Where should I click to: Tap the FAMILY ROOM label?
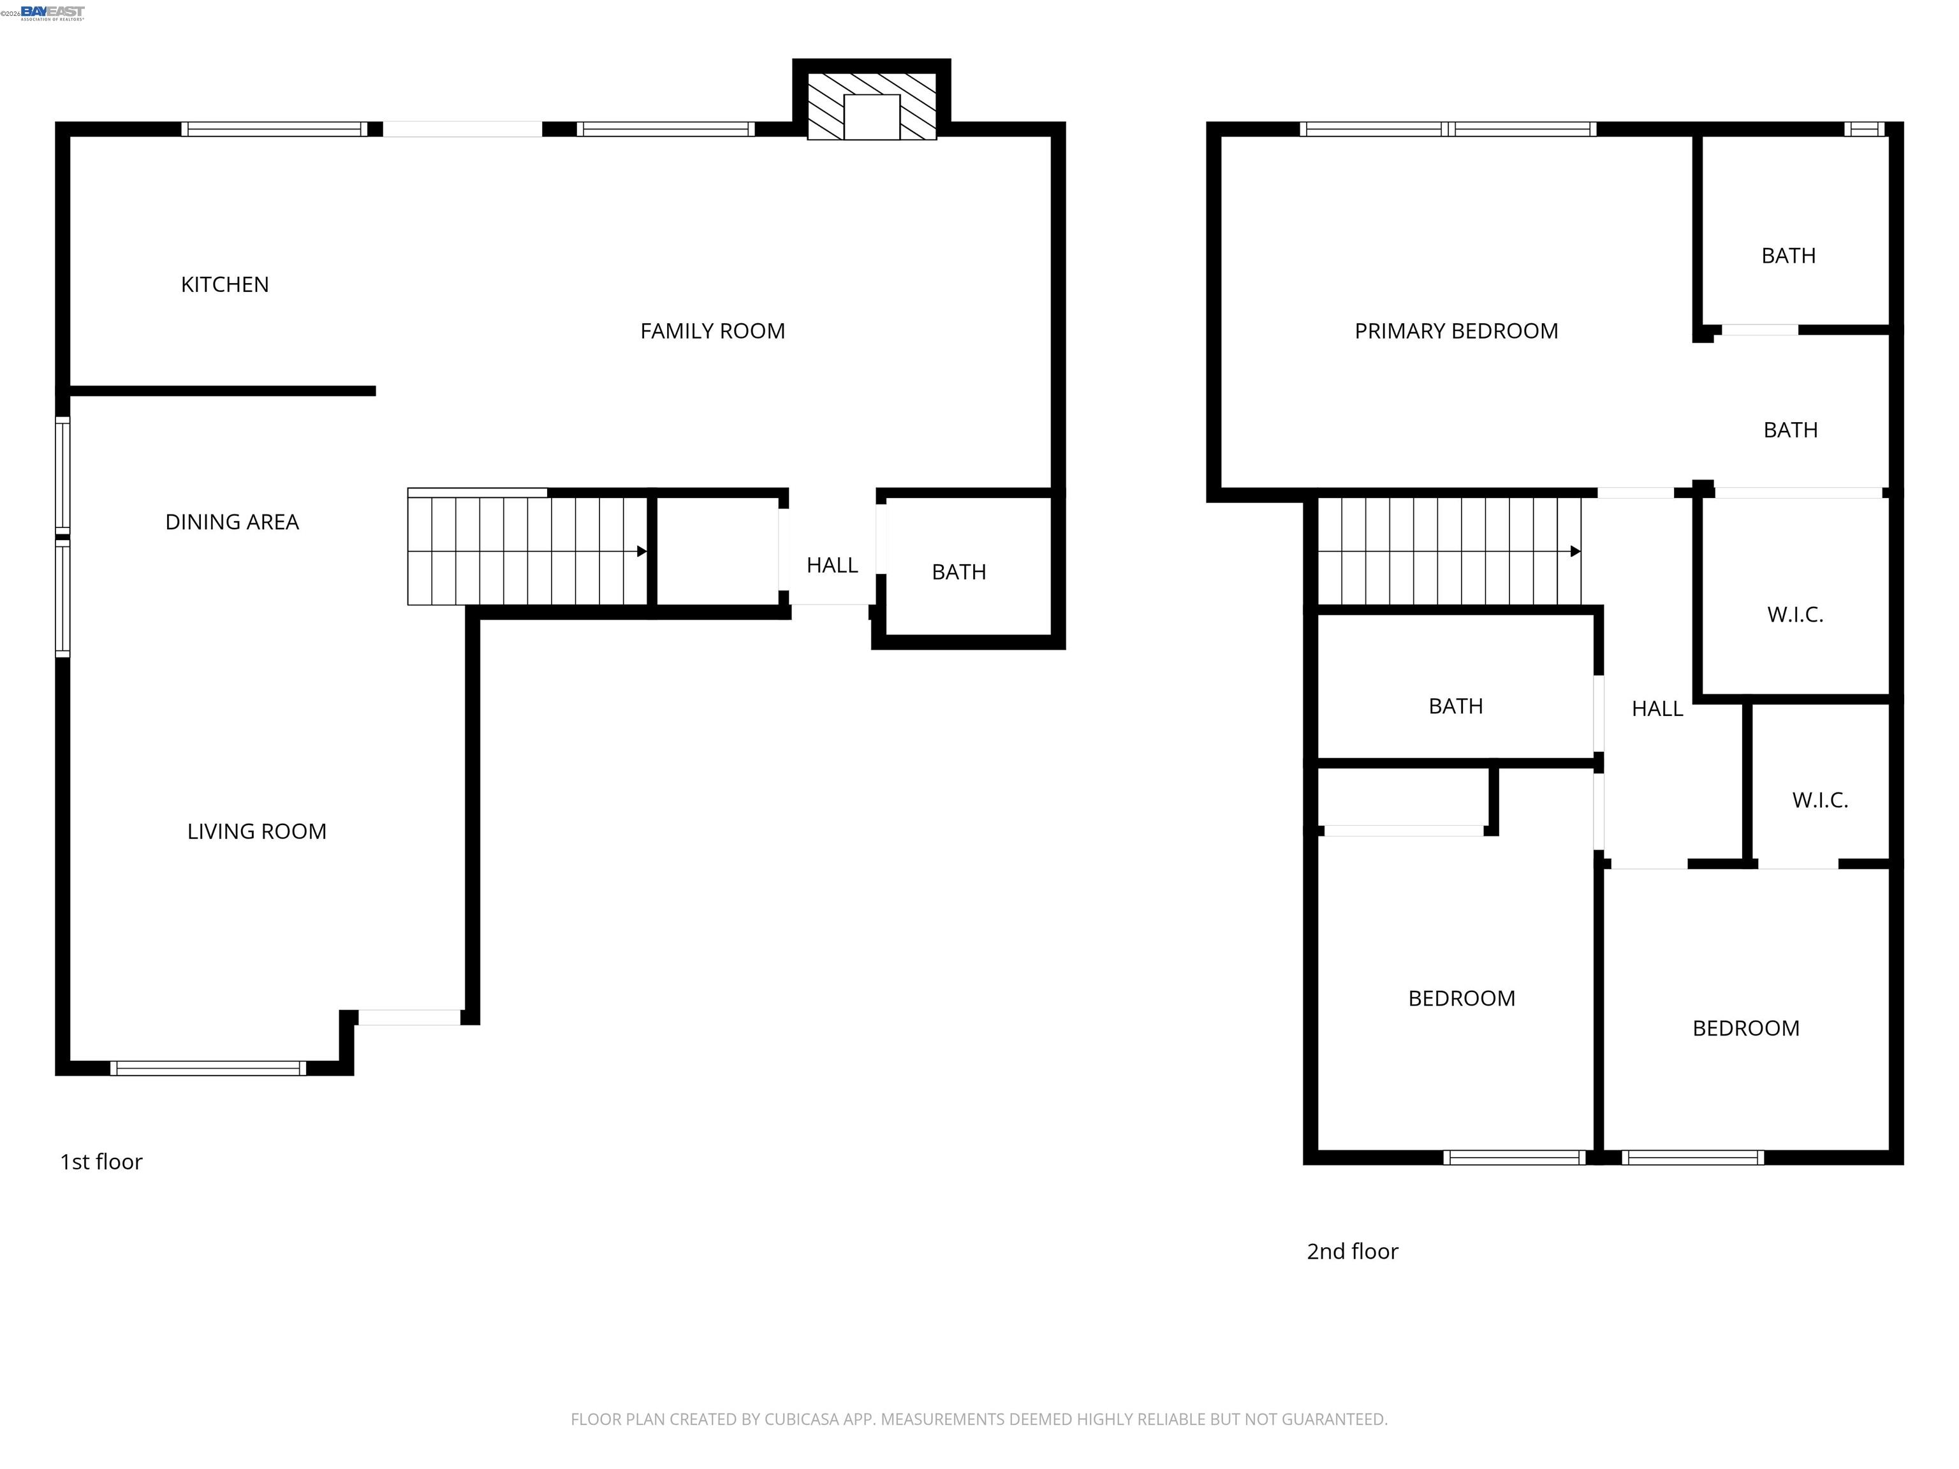712,331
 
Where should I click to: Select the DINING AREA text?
232,522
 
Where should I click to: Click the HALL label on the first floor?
832,565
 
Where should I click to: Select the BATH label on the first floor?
958,572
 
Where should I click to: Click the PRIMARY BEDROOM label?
1456,331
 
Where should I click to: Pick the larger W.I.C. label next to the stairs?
1795,615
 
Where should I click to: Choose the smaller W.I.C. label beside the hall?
1820,800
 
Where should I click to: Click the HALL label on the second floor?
1657,708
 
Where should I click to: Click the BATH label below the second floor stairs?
1455,706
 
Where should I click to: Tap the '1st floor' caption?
101,1162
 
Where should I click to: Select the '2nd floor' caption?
1353,1251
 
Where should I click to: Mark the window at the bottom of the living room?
208,1068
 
